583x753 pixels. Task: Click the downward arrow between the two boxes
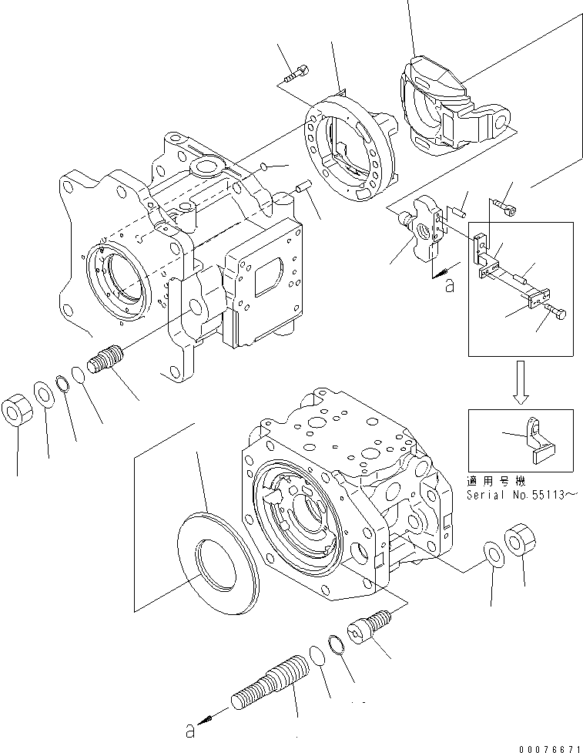(521, 382)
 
